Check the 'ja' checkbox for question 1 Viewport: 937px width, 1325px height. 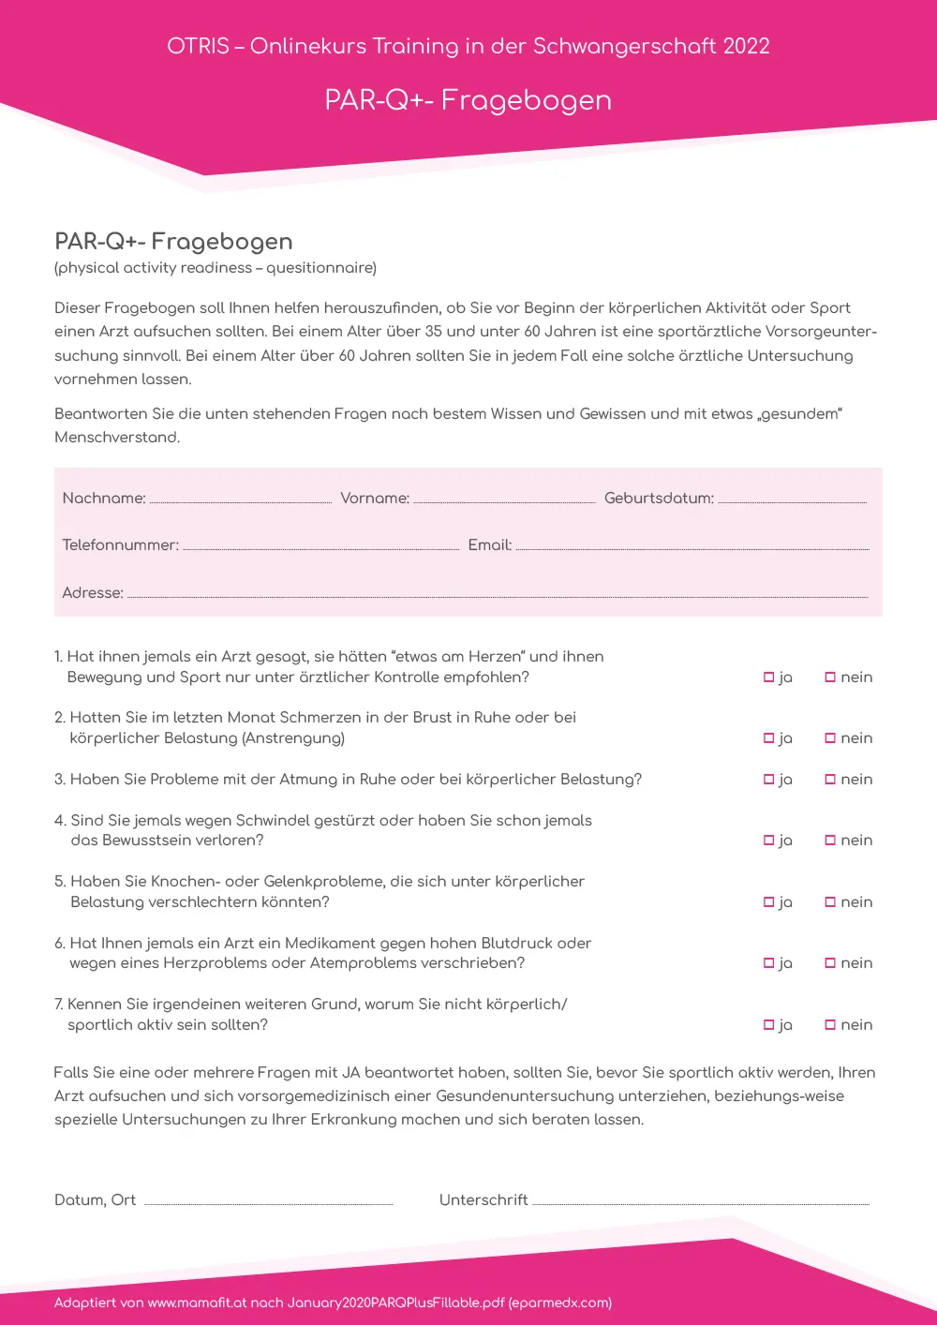point(769,677)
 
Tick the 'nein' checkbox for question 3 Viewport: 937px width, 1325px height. point(830,780)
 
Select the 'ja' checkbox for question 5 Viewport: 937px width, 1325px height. point(769,902)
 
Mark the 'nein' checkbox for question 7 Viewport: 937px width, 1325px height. point(830,1025)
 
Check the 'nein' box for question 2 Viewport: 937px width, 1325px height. point(830,738)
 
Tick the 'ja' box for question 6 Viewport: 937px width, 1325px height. point(769,963)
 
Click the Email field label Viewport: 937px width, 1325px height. point(490,545)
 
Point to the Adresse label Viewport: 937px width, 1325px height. point(93,593)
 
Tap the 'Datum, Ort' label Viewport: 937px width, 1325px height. point(96,1200)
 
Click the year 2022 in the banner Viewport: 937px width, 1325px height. point(746,47)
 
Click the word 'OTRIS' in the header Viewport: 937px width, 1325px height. point(198,47)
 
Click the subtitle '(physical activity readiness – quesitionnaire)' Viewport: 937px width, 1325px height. point(216,268)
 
